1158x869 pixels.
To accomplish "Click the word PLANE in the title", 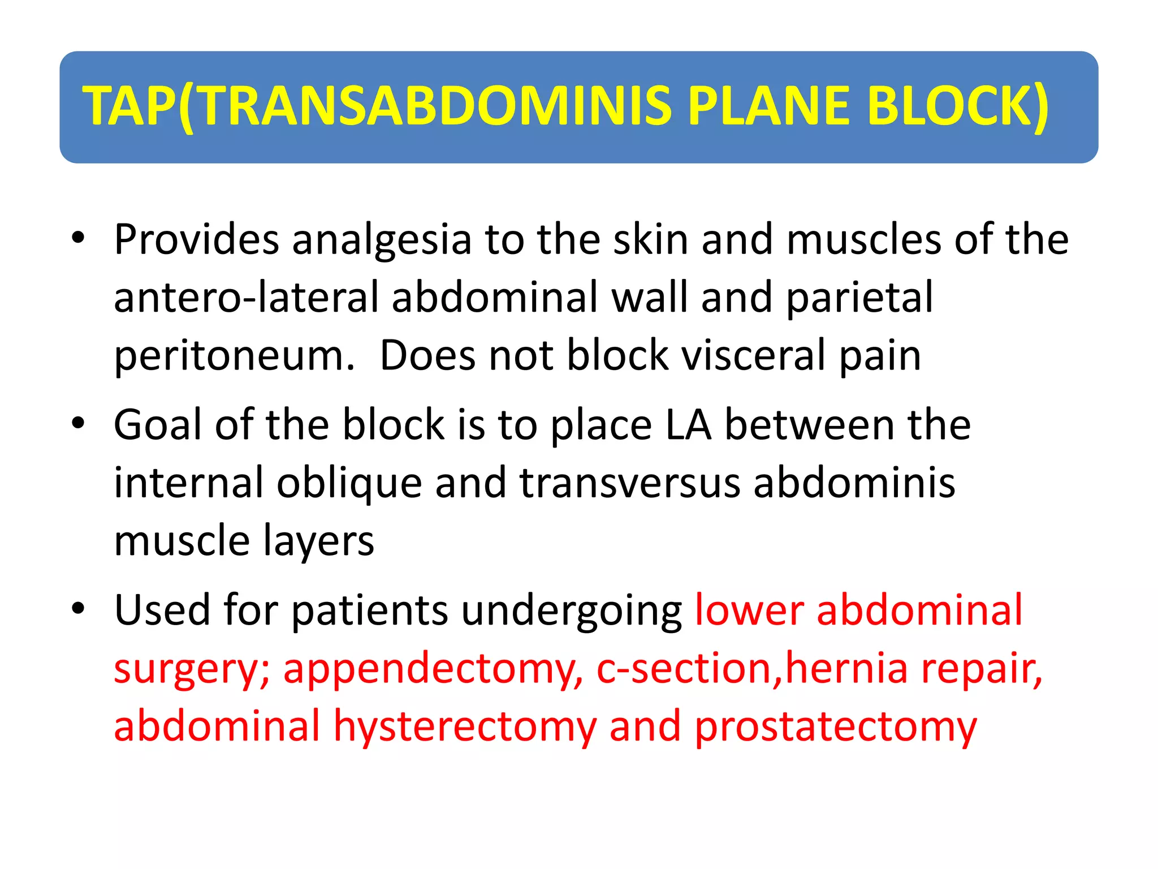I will click(x=769, y=106).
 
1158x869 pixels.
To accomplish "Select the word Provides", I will click(x=196, y=239).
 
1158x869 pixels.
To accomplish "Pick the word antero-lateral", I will click(x=246, y=298).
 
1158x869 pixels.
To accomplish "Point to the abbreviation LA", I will click(x=688, y=425).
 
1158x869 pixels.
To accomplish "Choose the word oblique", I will click(x=349, y=484).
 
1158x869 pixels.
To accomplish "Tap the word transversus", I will click(x=629, y=483).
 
